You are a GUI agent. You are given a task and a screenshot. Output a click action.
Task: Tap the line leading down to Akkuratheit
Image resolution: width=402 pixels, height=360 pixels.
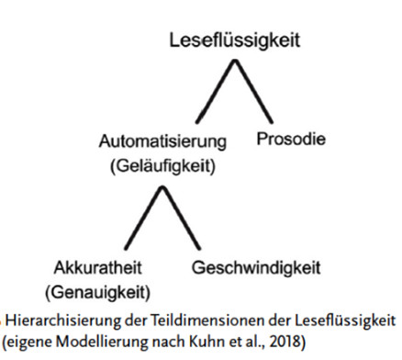(x=141, y=218)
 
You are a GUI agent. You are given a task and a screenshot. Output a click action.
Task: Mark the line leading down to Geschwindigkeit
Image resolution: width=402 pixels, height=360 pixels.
(x=184, y=218)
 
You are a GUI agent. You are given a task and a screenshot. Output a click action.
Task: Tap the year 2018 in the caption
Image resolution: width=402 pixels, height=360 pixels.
(x=291, y=343)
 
